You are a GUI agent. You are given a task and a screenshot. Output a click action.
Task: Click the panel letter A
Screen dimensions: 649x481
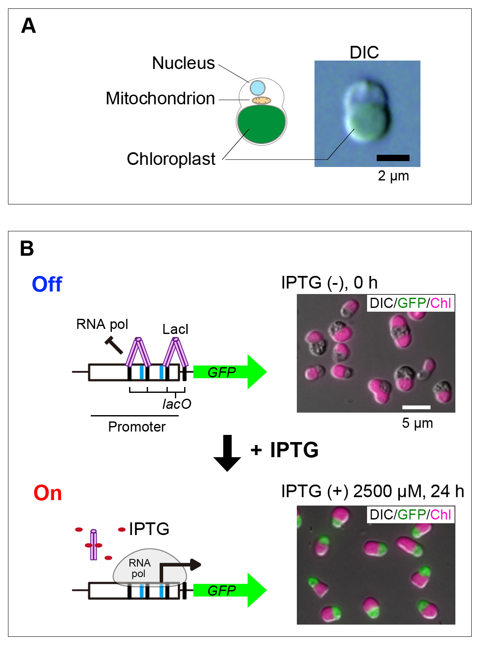[x=29, y=26]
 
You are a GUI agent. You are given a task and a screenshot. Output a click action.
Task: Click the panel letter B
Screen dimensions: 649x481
[x=27, y=249]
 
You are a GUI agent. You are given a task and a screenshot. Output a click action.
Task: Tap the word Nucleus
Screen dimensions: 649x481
[x=183, y=63]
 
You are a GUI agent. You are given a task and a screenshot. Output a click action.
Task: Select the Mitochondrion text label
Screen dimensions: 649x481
[x=160, y=98]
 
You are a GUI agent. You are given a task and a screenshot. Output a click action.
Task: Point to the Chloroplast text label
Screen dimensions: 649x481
[x=171, y=159]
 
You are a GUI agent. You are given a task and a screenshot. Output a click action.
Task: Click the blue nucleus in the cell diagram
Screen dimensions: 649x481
[x=258, y=88]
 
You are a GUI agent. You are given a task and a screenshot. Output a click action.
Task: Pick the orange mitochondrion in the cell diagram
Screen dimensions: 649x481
[x=262, y=100]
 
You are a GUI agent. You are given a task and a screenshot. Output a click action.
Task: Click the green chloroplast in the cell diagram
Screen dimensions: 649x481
[x=262, y=124]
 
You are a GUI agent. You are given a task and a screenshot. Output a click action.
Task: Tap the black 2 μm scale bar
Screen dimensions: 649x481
[x=393, y=158]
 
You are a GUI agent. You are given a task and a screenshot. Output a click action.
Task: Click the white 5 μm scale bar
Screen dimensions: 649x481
[x=416, y=407]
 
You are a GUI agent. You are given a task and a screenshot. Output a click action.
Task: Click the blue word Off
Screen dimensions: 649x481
[x=47, y=284]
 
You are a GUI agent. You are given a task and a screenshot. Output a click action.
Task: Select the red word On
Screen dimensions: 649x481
[x=48, y=493]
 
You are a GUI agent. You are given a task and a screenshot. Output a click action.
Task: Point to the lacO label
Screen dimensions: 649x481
[x=177, y=404]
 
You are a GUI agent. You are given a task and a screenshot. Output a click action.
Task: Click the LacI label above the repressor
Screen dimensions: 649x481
[x=175, y=329]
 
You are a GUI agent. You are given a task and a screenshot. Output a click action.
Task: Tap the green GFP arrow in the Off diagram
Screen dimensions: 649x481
[x=229, y=372]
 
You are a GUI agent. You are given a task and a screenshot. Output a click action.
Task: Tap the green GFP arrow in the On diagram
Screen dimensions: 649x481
[x=229, y=590]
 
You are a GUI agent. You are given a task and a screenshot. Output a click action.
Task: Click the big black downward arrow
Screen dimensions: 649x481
[x=227, y=453]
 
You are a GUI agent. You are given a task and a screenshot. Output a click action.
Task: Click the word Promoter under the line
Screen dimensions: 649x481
[x=137, y=427]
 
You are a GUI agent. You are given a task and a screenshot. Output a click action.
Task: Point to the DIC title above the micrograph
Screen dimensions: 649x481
[x=364, y=53]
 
